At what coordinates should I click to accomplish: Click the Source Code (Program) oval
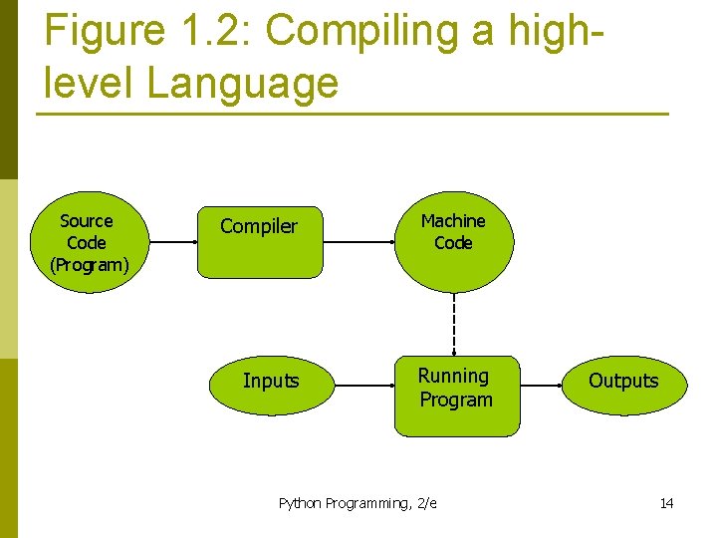point(88,242)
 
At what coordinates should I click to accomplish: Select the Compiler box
point(260,241)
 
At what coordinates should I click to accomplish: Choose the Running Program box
point(456,396)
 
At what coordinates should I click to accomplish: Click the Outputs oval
point(623,381)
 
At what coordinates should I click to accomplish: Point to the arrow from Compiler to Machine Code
point(358,242)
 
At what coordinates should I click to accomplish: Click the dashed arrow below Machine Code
point(454,324)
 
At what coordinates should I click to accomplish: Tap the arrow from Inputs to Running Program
point(360,381)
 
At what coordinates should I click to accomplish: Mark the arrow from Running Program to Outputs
point(541,381)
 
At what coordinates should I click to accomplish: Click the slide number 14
point(666,503)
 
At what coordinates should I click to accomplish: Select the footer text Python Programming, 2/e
point(358,503)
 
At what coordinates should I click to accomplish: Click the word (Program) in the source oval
point(89,265)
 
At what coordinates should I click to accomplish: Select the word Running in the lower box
point(453,376)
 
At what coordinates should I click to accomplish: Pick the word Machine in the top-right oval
point(453,220)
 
